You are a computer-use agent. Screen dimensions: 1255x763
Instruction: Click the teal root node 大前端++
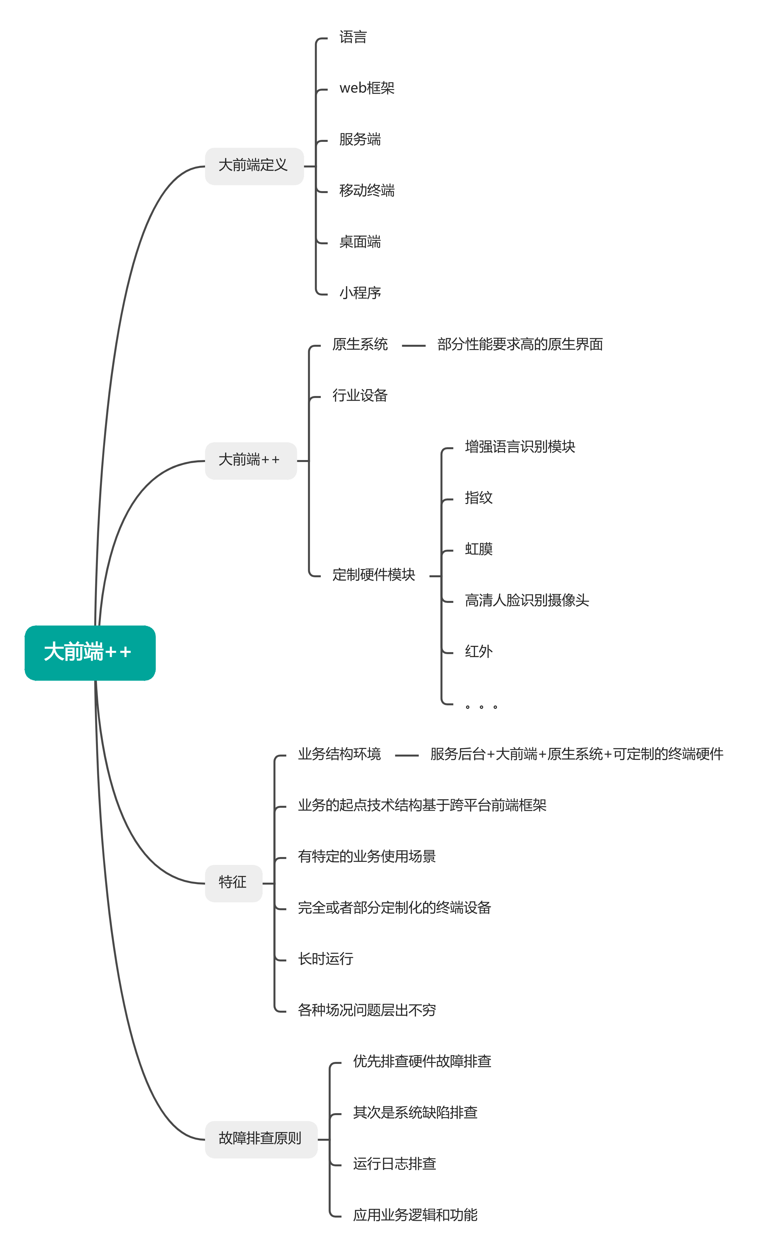click(90, 652)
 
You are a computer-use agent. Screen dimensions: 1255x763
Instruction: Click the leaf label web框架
click(366, 88)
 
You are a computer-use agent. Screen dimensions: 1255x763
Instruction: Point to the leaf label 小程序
click(360, 293)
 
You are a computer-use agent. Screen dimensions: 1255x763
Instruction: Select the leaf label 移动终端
click(366, 190)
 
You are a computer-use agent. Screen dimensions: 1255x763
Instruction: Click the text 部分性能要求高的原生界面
click(520, 344)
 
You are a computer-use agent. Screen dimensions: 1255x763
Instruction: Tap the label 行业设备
click(360, 395)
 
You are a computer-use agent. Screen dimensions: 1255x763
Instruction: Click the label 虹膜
click(478, 549)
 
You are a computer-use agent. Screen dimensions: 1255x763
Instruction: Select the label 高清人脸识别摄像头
click(526, 601)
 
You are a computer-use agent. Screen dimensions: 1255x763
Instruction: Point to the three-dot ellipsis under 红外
click(481, 706)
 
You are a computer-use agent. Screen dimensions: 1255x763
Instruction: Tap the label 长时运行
click(325, 959)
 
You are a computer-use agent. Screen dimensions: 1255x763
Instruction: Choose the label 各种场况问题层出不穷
click(366, 1010)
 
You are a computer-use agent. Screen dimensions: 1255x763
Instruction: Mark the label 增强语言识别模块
click(520, 447)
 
